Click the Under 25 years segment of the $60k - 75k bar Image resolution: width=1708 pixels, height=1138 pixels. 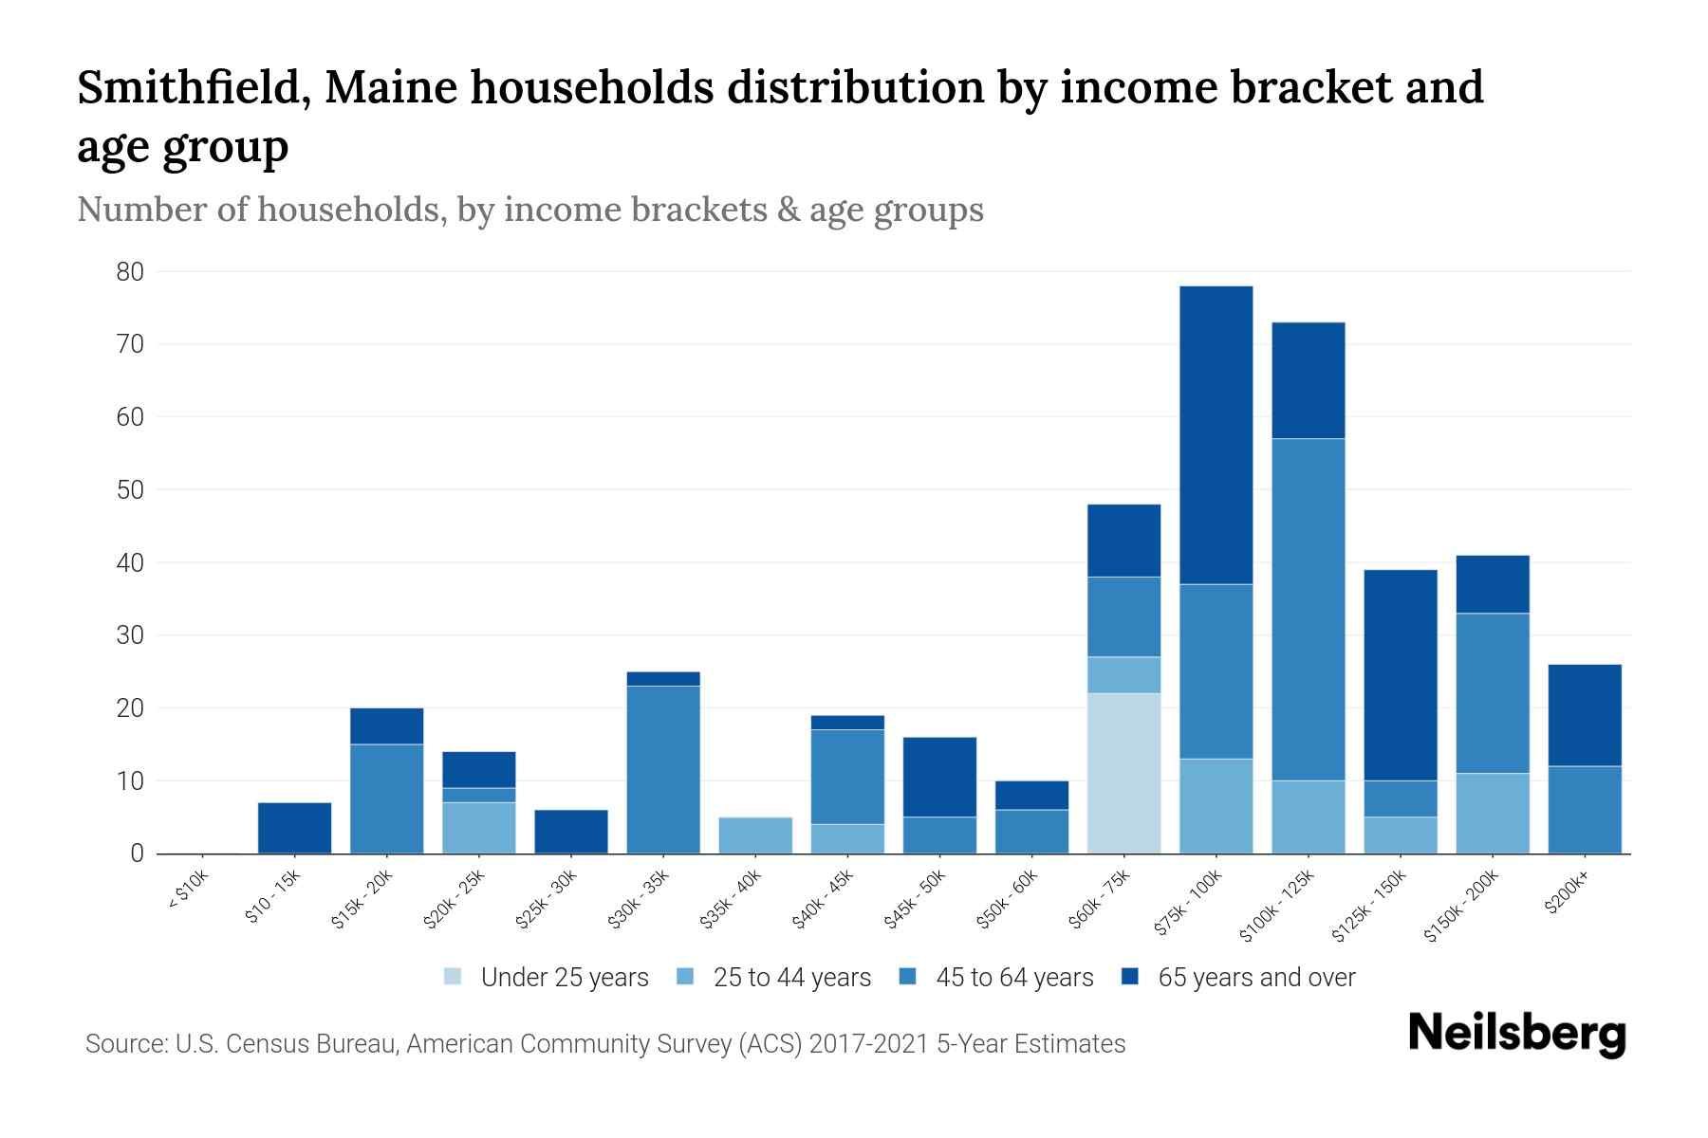tap(1124, 773)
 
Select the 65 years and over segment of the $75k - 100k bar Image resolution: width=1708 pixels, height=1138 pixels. tap(1216, 434)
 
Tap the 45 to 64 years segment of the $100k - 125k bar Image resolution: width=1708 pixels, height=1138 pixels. tap(1309, 609)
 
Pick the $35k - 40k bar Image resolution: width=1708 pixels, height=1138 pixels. tap(755, 835)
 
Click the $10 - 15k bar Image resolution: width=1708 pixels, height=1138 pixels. tap(295, 828)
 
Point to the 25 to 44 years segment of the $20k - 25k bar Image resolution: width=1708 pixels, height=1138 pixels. tap(479, 828)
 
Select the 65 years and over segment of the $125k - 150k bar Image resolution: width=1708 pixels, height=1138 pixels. tap(1401, 675)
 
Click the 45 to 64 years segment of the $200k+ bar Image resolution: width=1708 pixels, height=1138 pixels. tap(1585, 810)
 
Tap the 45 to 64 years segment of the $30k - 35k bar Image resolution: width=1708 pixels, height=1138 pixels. tap(663, 769)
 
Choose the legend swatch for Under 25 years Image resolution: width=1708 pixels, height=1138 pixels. tap(454, 977)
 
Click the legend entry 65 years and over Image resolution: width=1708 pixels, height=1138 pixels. tap(1255, 977)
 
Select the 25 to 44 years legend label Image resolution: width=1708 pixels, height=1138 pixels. tap(791, 977)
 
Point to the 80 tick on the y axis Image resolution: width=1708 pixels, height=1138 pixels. tap(130, 272)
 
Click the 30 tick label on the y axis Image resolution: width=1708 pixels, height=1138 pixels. tap(130, 635)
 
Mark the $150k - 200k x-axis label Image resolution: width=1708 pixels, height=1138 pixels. tap(1461, 906)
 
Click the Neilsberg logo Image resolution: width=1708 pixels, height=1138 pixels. tap(1516, 1033)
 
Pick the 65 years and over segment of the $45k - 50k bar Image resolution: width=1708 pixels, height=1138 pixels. tap(939, 777)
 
